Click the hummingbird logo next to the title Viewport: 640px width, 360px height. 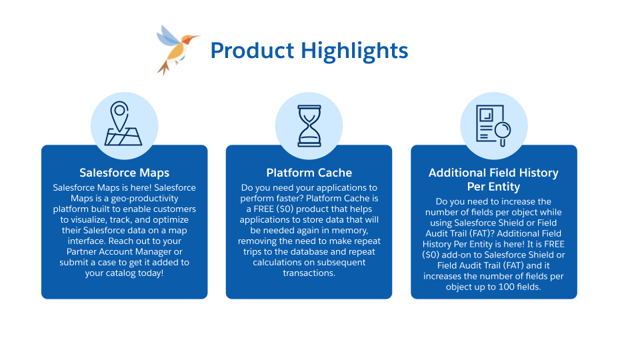coord(176,49)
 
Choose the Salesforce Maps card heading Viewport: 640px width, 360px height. coord(124,173)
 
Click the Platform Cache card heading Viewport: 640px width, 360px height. coord(309,173)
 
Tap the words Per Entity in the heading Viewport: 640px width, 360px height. coord(493,186)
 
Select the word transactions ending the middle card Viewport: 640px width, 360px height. coord(309,273)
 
